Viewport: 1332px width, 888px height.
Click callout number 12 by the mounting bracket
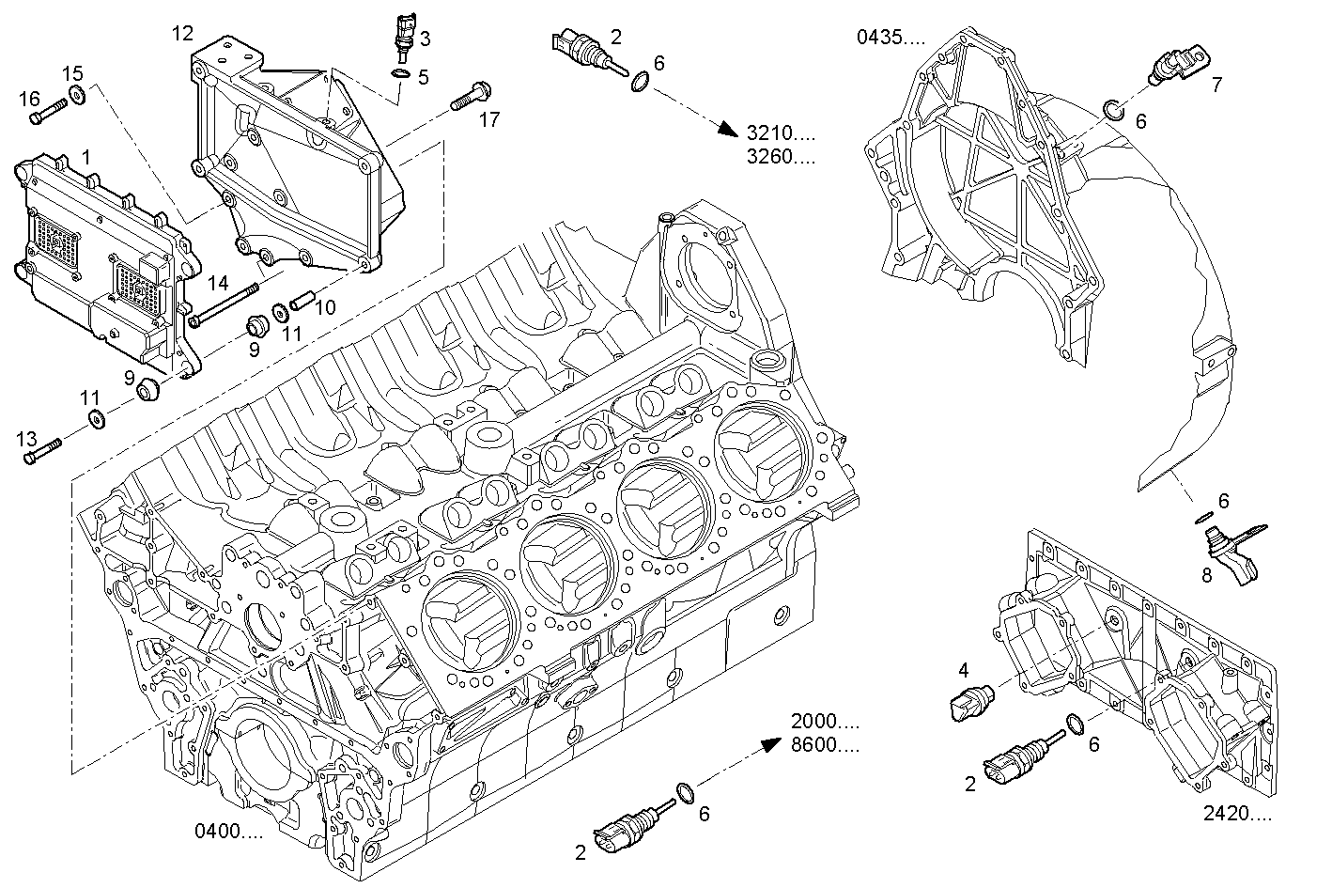pyautogui.click(x=182, y=34)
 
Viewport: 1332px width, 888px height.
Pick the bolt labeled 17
pyautogui.click(x=466, y=97)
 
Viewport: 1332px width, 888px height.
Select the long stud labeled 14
pyautogui.click(x=225, y=305)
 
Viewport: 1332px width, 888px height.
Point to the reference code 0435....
pyautogui.click(x=890, y=38)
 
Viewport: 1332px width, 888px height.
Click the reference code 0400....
pyautogui.click(x=228, y=831)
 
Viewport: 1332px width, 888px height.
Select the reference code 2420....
pyautogui.click(x=1237, y=814)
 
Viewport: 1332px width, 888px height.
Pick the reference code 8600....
pyautogui.click(x=825, y=746)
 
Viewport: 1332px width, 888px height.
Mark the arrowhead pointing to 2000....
pyautogui.click(x=769, y=742)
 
